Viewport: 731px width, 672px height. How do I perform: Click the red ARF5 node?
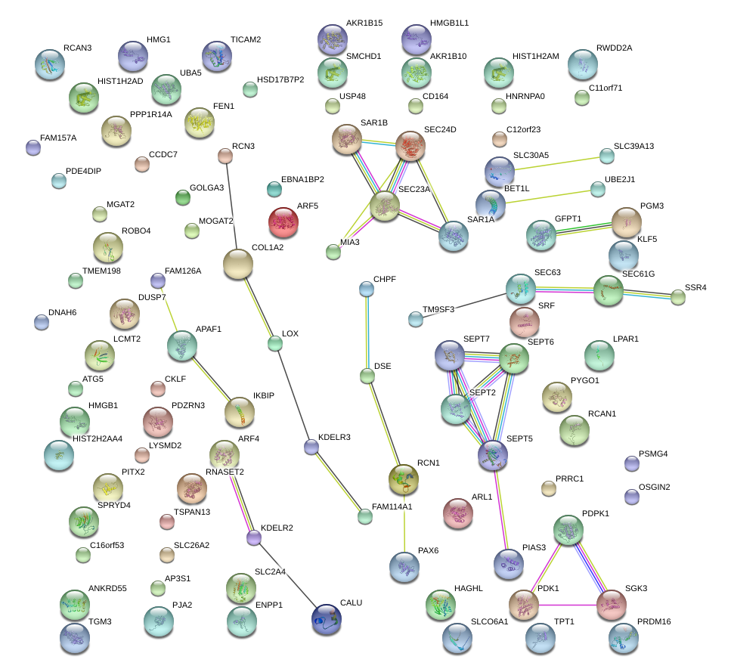(283, 222)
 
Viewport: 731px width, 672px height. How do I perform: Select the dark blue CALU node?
(326, 619)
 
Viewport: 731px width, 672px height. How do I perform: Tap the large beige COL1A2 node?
(238, 264)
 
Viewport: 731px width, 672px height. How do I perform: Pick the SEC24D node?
(410, 146)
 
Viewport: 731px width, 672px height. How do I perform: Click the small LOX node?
(275, 344)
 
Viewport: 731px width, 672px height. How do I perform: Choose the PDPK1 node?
(568, 530)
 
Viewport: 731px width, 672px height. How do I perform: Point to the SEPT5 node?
(493, 454)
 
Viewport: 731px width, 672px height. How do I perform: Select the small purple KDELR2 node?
(255, 537)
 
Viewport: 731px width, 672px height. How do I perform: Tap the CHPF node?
(367, 289)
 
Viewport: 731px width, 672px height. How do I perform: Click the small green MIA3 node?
(333, 252)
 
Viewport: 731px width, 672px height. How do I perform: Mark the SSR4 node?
(678, 297)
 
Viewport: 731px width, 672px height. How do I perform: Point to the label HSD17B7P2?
(280, 79)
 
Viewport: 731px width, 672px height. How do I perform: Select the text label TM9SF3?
(438, 309)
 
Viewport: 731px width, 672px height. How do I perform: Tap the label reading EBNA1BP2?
(302, 179)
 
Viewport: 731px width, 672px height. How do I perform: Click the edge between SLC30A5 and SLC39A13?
(556, 163)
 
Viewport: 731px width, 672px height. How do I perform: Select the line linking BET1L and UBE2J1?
(544, 195)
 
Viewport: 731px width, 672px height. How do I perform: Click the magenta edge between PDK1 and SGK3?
(568, 604)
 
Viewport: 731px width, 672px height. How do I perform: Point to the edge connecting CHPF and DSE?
(367, 333)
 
